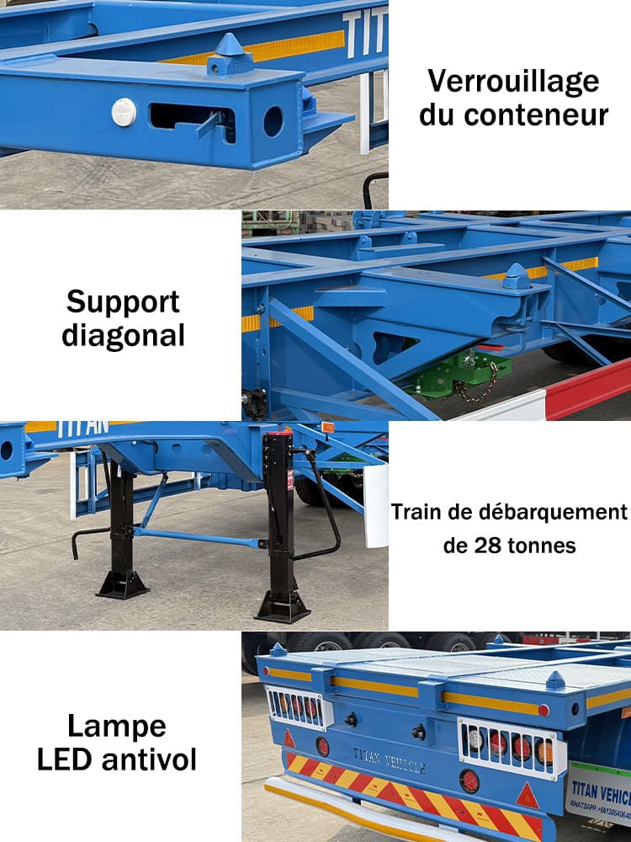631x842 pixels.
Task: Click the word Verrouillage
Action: [x=513, y=83]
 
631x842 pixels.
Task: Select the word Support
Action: [x=124, y=301]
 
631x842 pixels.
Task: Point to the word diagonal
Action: [x=124, y=335]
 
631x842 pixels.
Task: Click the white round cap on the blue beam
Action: [x=124, y=112]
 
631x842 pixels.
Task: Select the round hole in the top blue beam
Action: [x=273, y=121]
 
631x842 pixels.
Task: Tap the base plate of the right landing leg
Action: [x=283, y=606]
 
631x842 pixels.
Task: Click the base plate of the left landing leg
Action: [x=123, y=584]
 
